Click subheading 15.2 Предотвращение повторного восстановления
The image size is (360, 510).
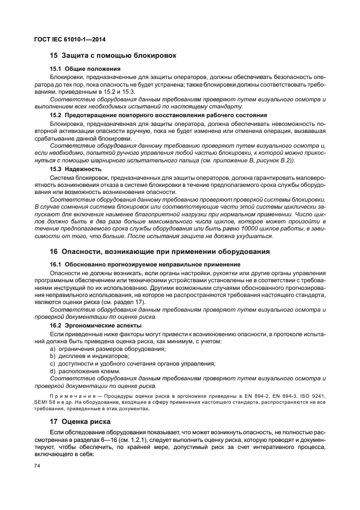point(150,115)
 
